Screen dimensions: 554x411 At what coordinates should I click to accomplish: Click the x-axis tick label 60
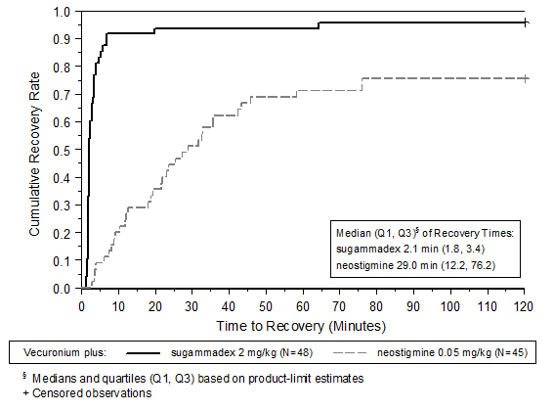[303, 306]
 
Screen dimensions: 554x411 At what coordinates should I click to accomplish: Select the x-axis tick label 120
[523, 306]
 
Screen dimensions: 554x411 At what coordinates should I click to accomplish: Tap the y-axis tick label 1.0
[62, 12]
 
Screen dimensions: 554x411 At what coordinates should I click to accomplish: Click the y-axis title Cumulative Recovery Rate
[34, 155]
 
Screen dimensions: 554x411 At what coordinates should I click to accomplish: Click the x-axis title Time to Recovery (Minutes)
[301, 326]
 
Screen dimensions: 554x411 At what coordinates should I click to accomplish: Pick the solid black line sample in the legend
[143, 353]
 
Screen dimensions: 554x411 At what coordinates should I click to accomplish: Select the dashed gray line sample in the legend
[350, 353]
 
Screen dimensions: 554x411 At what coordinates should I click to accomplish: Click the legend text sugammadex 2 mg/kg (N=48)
[242, 352]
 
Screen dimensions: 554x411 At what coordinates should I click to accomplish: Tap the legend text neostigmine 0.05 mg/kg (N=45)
[452, 352]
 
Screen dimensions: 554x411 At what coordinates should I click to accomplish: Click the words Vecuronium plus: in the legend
[64, 352]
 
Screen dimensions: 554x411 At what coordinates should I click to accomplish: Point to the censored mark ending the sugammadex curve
[526, 23]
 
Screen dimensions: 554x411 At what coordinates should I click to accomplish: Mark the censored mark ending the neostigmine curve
[526, 78]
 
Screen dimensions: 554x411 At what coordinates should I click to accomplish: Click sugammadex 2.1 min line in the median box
[410, 250]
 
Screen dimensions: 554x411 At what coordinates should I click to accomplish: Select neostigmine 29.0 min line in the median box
[416, 265]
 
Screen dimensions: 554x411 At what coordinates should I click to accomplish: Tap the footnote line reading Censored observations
[88, 393]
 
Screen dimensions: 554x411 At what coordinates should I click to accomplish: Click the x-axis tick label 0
[82, 306]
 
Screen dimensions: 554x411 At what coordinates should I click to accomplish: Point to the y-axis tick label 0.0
[62, 289]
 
